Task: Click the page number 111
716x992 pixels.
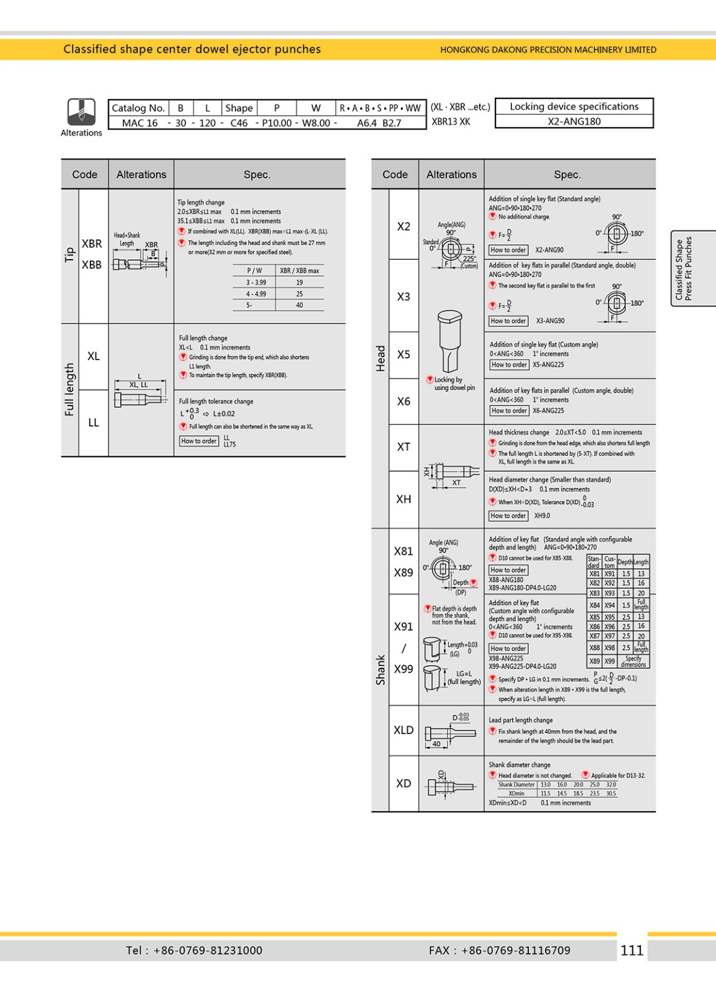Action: [x=632, y=950]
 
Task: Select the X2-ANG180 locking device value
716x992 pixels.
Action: [x=574, y=122]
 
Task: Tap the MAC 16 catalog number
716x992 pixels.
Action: [x=139, y=123]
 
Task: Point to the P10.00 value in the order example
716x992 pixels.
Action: [x=276, y=123]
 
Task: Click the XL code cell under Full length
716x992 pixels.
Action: [x=94, y=356]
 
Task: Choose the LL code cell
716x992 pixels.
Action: [x=94, y=423]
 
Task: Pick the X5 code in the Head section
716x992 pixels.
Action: [x=404, y=355]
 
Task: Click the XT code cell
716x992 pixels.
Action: [x=404, y=446]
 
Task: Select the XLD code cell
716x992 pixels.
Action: [x=404, y=730]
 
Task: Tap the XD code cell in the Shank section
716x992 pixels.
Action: [x=404, y=783]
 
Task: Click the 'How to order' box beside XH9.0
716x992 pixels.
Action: [x=508, y=516]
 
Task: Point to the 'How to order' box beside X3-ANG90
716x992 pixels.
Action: [x=508, y=321]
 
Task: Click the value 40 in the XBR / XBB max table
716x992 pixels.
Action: [x=299, y=305]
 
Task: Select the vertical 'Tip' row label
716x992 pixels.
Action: [x=69, y=255]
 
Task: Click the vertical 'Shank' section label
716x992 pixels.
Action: [x=380, y=670]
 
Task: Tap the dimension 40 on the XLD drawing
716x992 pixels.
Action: [x=436, y=743]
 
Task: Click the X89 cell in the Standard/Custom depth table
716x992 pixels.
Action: [x=594, y=662]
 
